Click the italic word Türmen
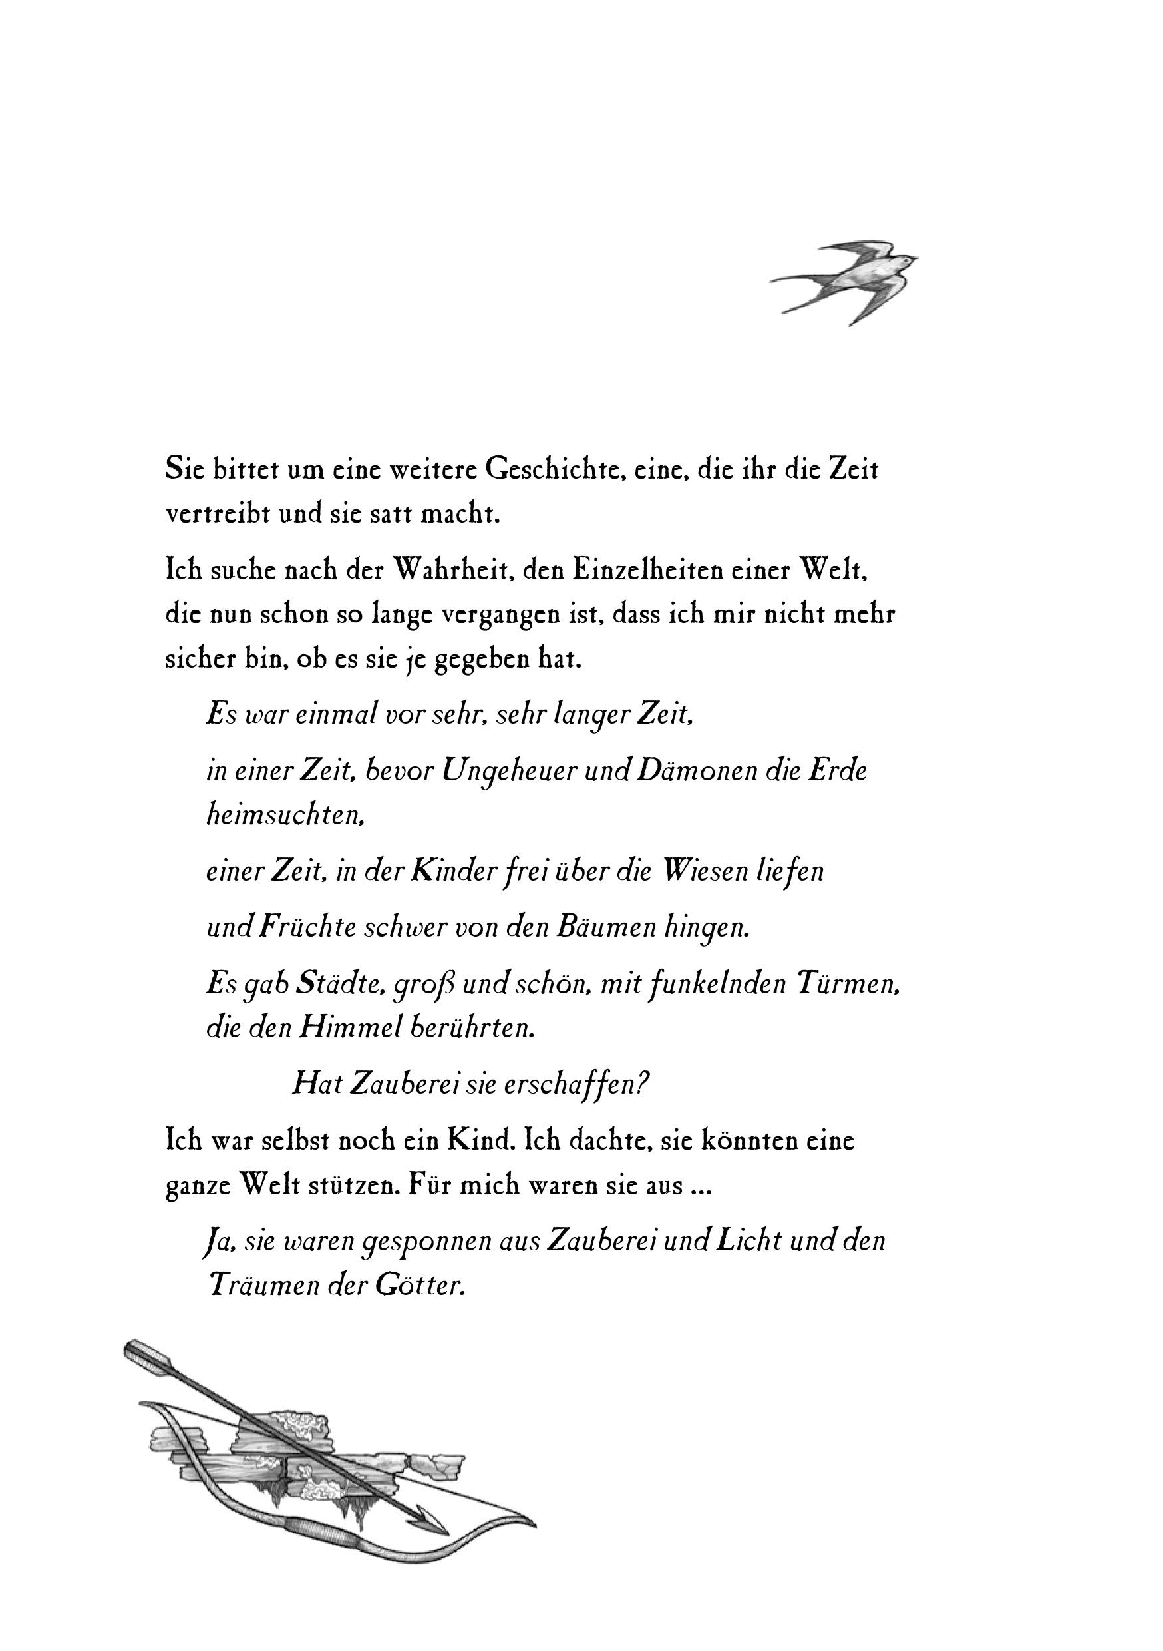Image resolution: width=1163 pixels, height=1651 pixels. coord(848,984)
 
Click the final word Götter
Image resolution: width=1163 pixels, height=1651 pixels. coord(420,1285)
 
